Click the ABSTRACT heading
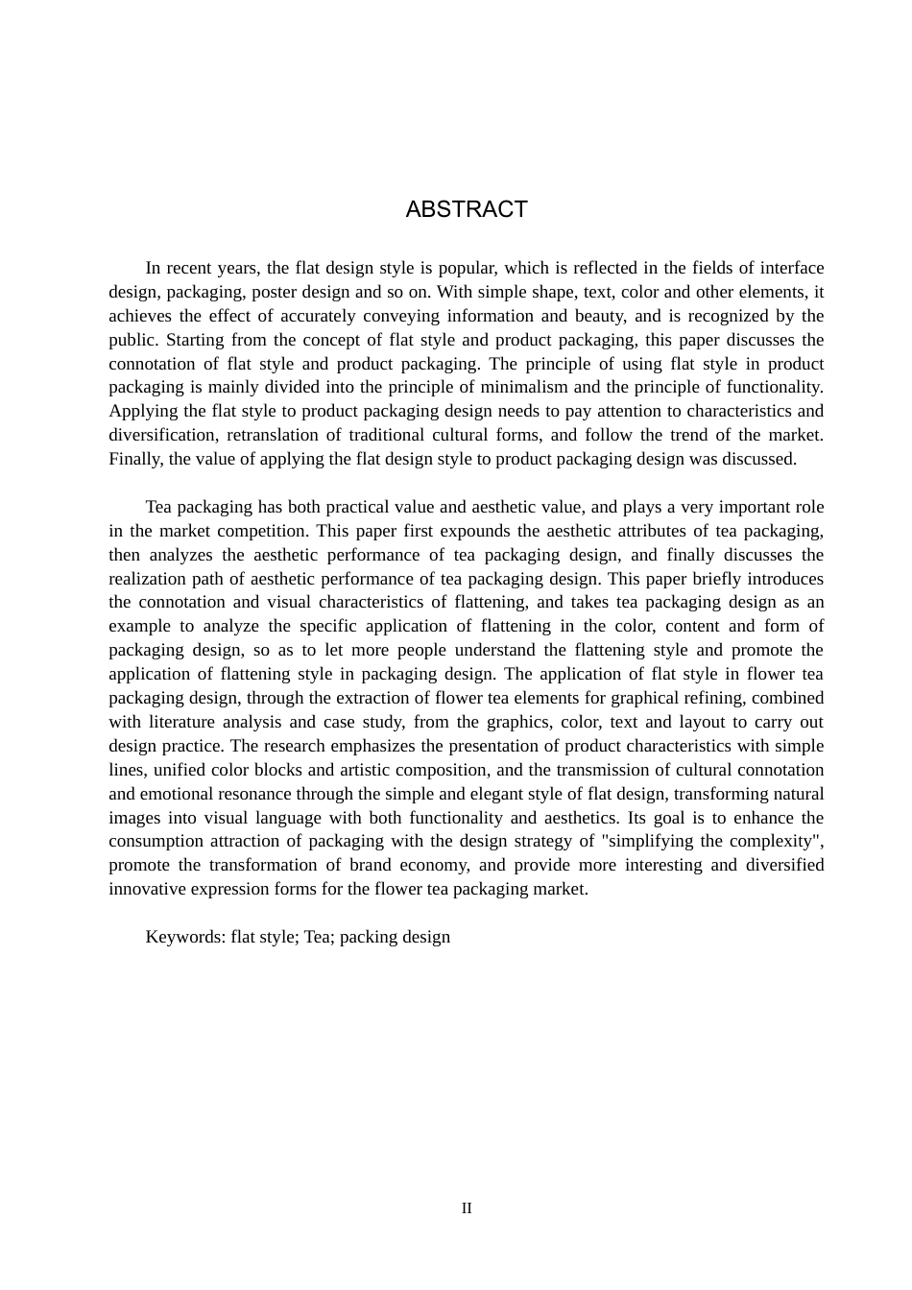pyautogui.click(x=467, y=209)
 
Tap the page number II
pyautogui.click(x=467, y=1208)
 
